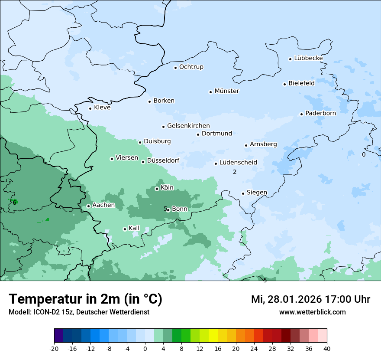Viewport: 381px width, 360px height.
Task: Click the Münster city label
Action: click(x=226, y=91)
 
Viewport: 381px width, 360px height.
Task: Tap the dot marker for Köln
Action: click(x=157, y=189)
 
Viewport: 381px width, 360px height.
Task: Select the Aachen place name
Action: click(x=103, y=205)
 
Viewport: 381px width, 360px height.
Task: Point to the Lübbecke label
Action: click(x=308, y=58)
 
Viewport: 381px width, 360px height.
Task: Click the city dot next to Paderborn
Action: click(x=301, y=114)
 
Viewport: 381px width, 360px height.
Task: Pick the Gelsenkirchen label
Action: click(x=188, y=126)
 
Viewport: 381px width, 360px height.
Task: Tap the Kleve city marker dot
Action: click(x=90, y=108)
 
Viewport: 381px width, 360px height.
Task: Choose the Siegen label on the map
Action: click(x=257, y=193)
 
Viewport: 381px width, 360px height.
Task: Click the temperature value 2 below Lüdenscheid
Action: click(x=235, y=172)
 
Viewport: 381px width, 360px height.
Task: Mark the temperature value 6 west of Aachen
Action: click(x=14, y=202)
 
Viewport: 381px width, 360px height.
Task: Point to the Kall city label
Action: click(x=134, y=228)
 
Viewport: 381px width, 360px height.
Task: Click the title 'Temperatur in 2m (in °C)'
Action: click(x=85, y=299)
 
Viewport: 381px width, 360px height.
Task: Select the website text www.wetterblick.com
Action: click(x=312, y=312)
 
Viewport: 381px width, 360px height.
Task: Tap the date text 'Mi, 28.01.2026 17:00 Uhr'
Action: click(x=310, y=299)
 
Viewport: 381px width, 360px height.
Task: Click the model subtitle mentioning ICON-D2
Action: click(x=79, y=312)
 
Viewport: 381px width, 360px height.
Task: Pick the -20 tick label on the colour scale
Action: click(x=54, y=348)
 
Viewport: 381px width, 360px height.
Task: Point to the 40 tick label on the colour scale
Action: click(x=327, y=348)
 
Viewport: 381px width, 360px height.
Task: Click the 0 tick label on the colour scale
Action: click(x=145, y=348)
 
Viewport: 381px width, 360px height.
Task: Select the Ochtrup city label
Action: click(x=191, y=67)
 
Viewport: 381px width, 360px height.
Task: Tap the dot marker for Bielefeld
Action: click(x=285, y=84)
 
